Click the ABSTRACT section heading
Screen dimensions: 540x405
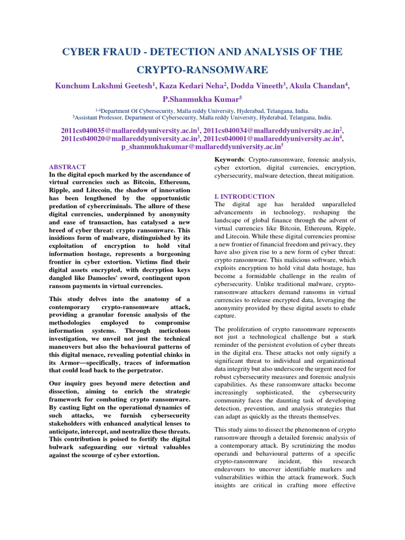(x=67, y=167)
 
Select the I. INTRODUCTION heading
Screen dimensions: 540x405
(x=244, y=196)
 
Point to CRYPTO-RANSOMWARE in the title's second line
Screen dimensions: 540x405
(x=202, y=70)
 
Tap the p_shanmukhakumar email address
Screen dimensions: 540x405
(x=200, y=147)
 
